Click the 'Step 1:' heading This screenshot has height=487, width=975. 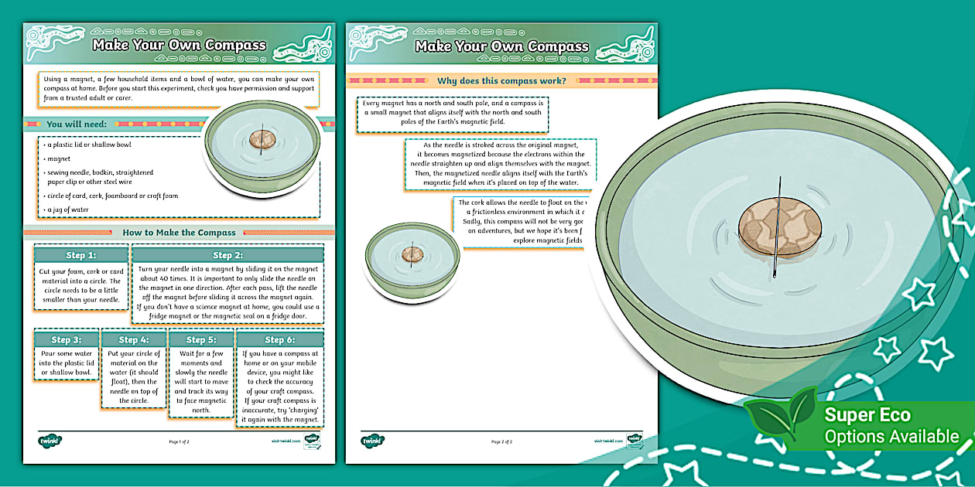point(81,255)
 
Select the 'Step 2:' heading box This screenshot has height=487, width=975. point(227,255)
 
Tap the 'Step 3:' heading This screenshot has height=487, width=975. point(67,339)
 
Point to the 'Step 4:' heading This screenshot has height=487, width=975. point(133,339)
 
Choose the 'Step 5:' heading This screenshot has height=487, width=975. point(200,339)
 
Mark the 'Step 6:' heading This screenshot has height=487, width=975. point(279,339)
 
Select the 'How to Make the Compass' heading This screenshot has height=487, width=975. point(179,232)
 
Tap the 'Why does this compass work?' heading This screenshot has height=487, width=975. point(501,80)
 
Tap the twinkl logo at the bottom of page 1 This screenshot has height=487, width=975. point(50,441)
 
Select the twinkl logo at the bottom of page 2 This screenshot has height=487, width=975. point(373,441)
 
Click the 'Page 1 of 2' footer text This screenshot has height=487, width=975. point(179,442)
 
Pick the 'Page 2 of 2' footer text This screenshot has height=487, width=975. point(501,442)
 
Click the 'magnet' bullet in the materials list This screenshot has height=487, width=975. point(59,158)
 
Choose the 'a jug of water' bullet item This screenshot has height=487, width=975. point(68,209)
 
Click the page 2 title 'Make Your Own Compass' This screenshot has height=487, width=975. point(501,46)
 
